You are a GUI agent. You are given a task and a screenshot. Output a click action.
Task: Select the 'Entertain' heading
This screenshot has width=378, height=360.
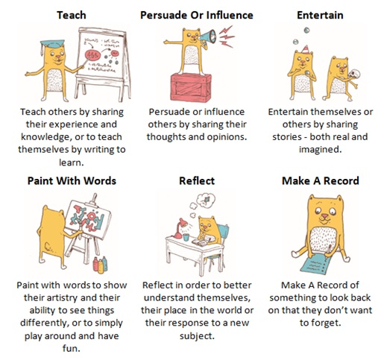click(x=319, y=14)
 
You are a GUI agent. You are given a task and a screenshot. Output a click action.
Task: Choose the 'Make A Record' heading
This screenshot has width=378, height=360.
click(x=320, y=180)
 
